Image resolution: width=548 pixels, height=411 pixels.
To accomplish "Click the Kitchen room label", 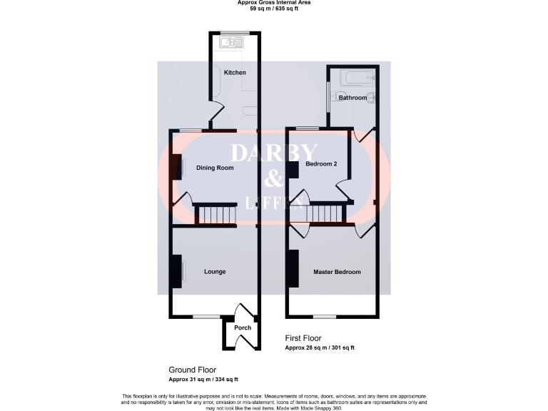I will pos(235,73).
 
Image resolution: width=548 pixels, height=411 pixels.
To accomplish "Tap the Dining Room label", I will pos(215,168).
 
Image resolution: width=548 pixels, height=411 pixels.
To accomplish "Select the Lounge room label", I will pos(215,272).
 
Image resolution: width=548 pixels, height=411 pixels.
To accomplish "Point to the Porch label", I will pos(243,328).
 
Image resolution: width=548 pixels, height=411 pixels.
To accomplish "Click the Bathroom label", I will pos(352,98).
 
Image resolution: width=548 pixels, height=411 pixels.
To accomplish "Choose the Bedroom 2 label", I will pos(320,164).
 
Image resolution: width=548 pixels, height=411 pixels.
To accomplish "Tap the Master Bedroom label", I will pos(337,272).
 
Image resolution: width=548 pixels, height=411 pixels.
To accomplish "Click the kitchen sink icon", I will pos(230,43).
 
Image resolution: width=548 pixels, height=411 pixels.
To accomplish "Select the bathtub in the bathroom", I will pos(352,77).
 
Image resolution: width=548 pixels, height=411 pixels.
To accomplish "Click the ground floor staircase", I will pos(215,214).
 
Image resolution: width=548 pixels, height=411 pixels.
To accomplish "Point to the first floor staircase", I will pos(325,213).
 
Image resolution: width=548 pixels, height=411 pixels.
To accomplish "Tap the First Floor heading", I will pos(303,338).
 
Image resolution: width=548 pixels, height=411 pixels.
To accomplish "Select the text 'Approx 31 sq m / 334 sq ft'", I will pos(203,380).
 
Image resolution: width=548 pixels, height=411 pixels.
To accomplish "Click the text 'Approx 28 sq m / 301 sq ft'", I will pos(320,348).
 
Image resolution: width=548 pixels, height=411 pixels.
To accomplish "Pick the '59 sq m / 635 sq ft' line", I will pos(274,9).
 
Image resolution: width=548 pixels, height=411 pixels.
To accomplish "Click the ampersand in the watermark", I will pos(273,178).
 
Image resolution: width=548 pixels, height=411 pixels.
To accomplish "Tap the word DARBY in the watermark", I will pos(273,153).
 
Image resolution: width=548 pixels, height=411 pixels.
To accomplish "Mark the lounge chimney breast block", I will pos(175,271).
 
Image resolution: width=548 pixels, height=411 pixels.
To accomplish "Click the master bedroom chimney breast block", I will pos(292,269).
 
